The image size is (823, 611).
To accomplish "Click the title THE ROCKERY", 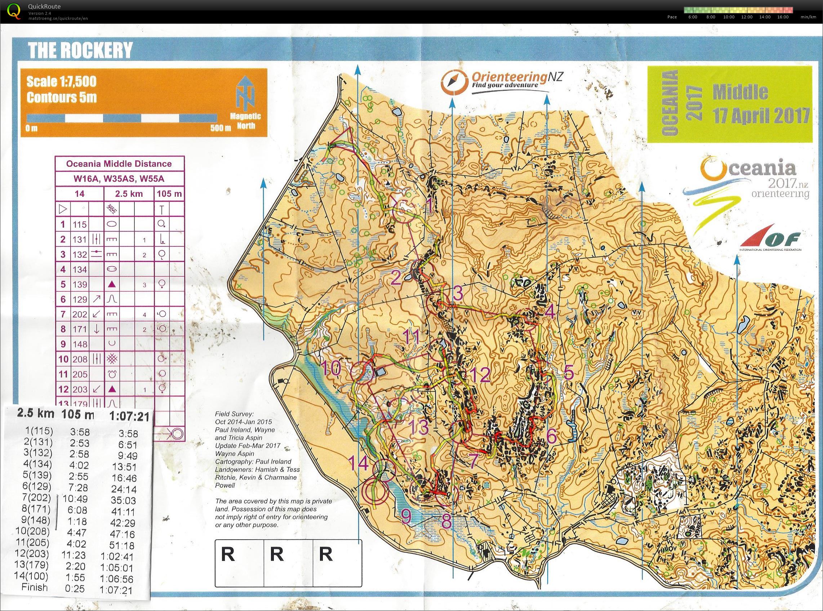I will [80, 50].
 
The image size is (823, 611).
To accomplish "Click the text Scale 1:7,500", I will [61, 81].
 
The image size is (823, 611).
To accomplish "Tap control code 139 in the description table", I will [80, 284].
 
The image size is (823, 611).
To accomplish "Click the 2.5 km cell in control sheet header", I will [129, 194].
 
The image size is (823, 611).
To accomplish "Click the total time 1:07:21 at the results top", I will [129, 417].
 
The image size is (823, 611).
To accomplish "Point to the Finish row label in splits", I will [35, 587].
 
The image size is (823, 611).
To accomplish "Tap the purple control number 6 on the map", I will [551, 436].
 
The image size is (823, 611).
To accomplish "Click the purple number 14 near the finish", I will [358, 463].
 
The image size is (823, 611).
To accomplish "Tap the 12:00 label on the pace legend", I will [747, 17].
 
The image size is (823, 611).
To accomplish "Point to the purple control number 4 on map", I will [550, 313].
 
